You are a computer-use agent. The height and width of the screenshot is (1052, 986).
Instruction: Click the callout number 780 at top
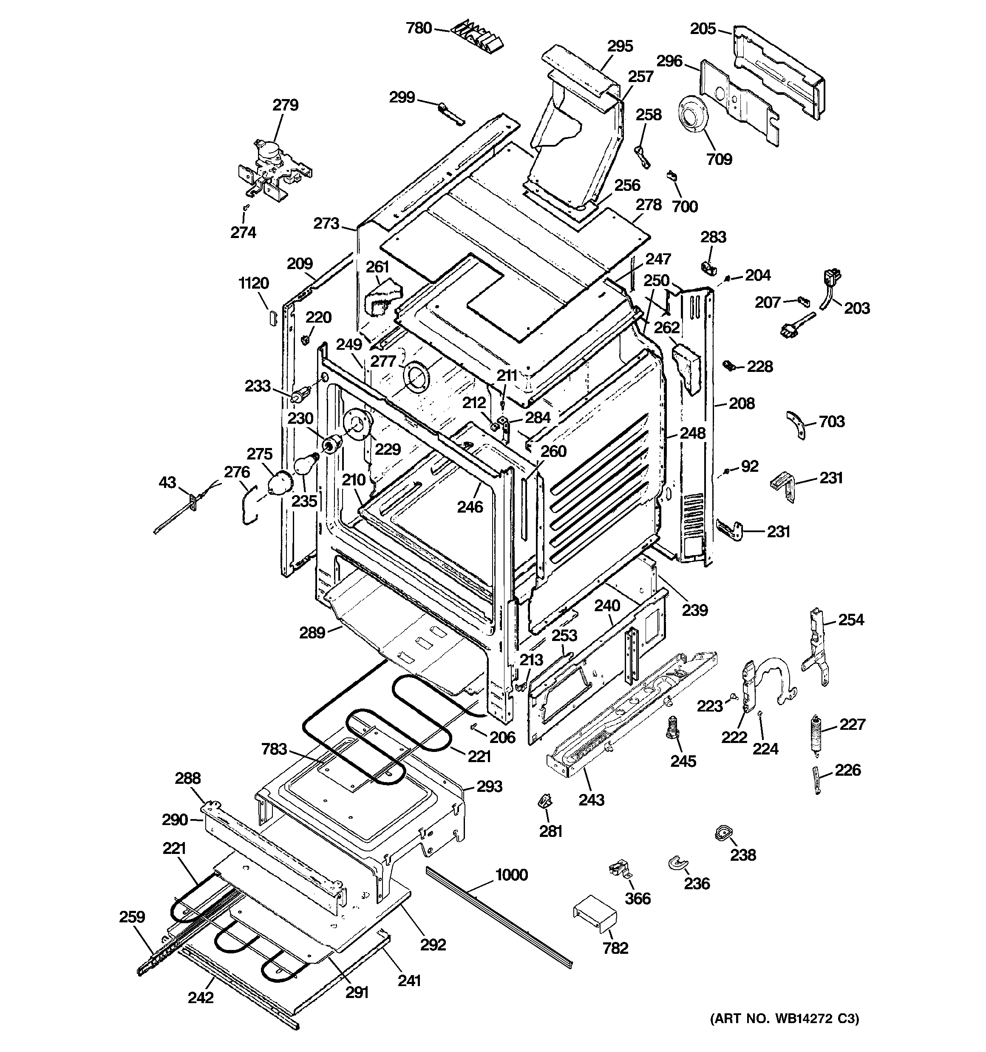419,28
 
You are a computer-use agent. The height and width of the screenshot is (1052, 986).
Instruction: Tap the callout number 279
285,105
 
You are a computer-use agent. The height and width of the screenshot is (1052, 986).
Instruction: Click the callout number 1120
254,283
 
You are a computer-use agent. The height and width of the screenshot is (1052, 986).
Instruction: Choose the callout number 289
312,632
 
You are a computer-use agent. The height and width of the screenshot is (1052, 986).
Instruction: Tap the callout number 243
591,800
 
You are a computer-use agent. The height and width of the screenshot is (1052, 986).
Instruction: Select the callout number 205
703,28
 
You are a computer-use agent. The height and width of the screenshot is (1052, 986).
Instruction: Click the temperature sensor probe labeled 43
180,510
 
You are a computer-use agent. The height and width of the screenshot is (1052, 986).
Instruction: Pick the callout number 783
274,749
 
